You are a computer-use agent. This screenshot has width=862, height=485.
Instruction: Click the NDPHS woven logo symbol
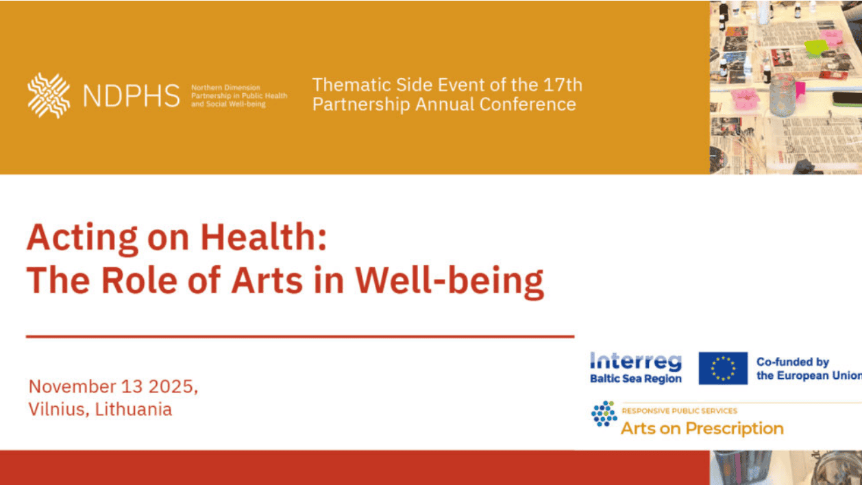49,95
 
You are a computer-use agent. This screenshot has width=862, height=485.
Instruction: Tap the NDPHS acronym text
132,96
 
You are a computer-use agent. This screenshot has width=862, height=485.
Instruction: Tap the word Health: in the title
264,237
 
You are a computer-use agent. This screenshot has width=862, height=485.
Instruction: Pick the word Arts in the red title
267,280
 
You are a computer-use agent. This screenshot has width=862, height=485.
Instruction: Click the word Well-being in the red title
450,282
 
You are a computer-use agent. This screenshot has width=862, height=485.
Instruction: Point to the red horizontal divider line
300,336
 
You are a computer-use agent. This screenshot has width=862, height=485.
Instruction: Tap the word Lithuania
133,409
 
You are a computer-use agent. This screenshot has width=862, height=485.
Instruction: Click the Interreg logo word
636,362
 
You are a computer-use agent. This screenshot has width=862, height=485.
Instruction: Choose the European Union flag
723,368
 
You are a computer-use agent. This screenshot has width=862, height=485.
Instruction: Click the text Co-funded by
793,362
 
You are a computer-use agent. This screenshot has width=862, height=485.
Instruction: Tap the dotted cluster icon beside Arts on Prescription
604,414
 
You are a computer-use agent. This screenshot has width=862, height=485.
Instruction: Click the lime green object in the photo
816,48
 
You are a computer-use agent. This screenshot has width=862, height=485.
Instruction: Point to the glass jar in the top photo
783,95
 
